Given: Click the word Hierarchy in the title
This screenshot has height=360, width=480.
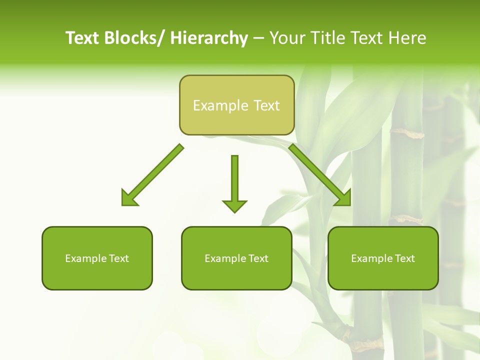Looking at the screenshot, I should tap(209, 38).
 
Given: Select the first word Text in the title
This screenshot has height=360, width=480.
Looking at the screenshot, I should tap(83, 38).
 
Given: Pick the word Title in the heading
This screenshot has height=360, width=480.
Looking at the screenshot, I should tap(329, 38).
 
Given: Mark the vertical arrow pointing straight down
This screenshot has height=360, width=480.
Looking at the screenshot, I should tap(234, 180).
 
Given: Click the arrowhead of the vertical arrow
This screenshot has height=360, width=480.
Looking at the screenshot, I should tap(234, 205).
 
